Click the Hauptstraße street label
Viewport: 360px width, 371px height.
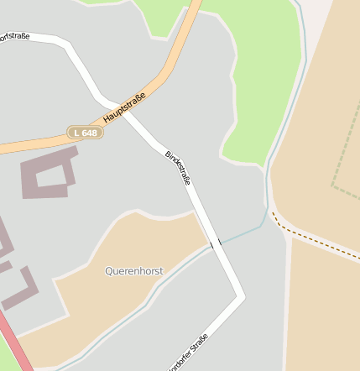[x=125, y=107]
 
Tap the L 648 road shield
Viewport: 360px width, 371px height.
[x=85, y=133]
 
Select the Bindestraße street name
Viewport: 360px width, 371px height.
[x=179, y=167]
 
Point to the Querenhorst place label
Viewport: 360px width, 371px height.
[x=134, y=271]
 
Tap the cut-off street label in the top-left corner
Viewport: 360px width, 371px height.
[x=14, y=35]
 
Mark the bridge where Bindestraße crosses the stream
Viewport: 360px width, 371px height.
[x=216, y=243]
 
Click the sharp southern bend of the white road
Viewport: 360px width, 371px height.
[x=241, y=295]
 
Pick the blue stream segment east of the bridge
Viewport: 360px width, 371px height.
[x=243, y=231]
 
